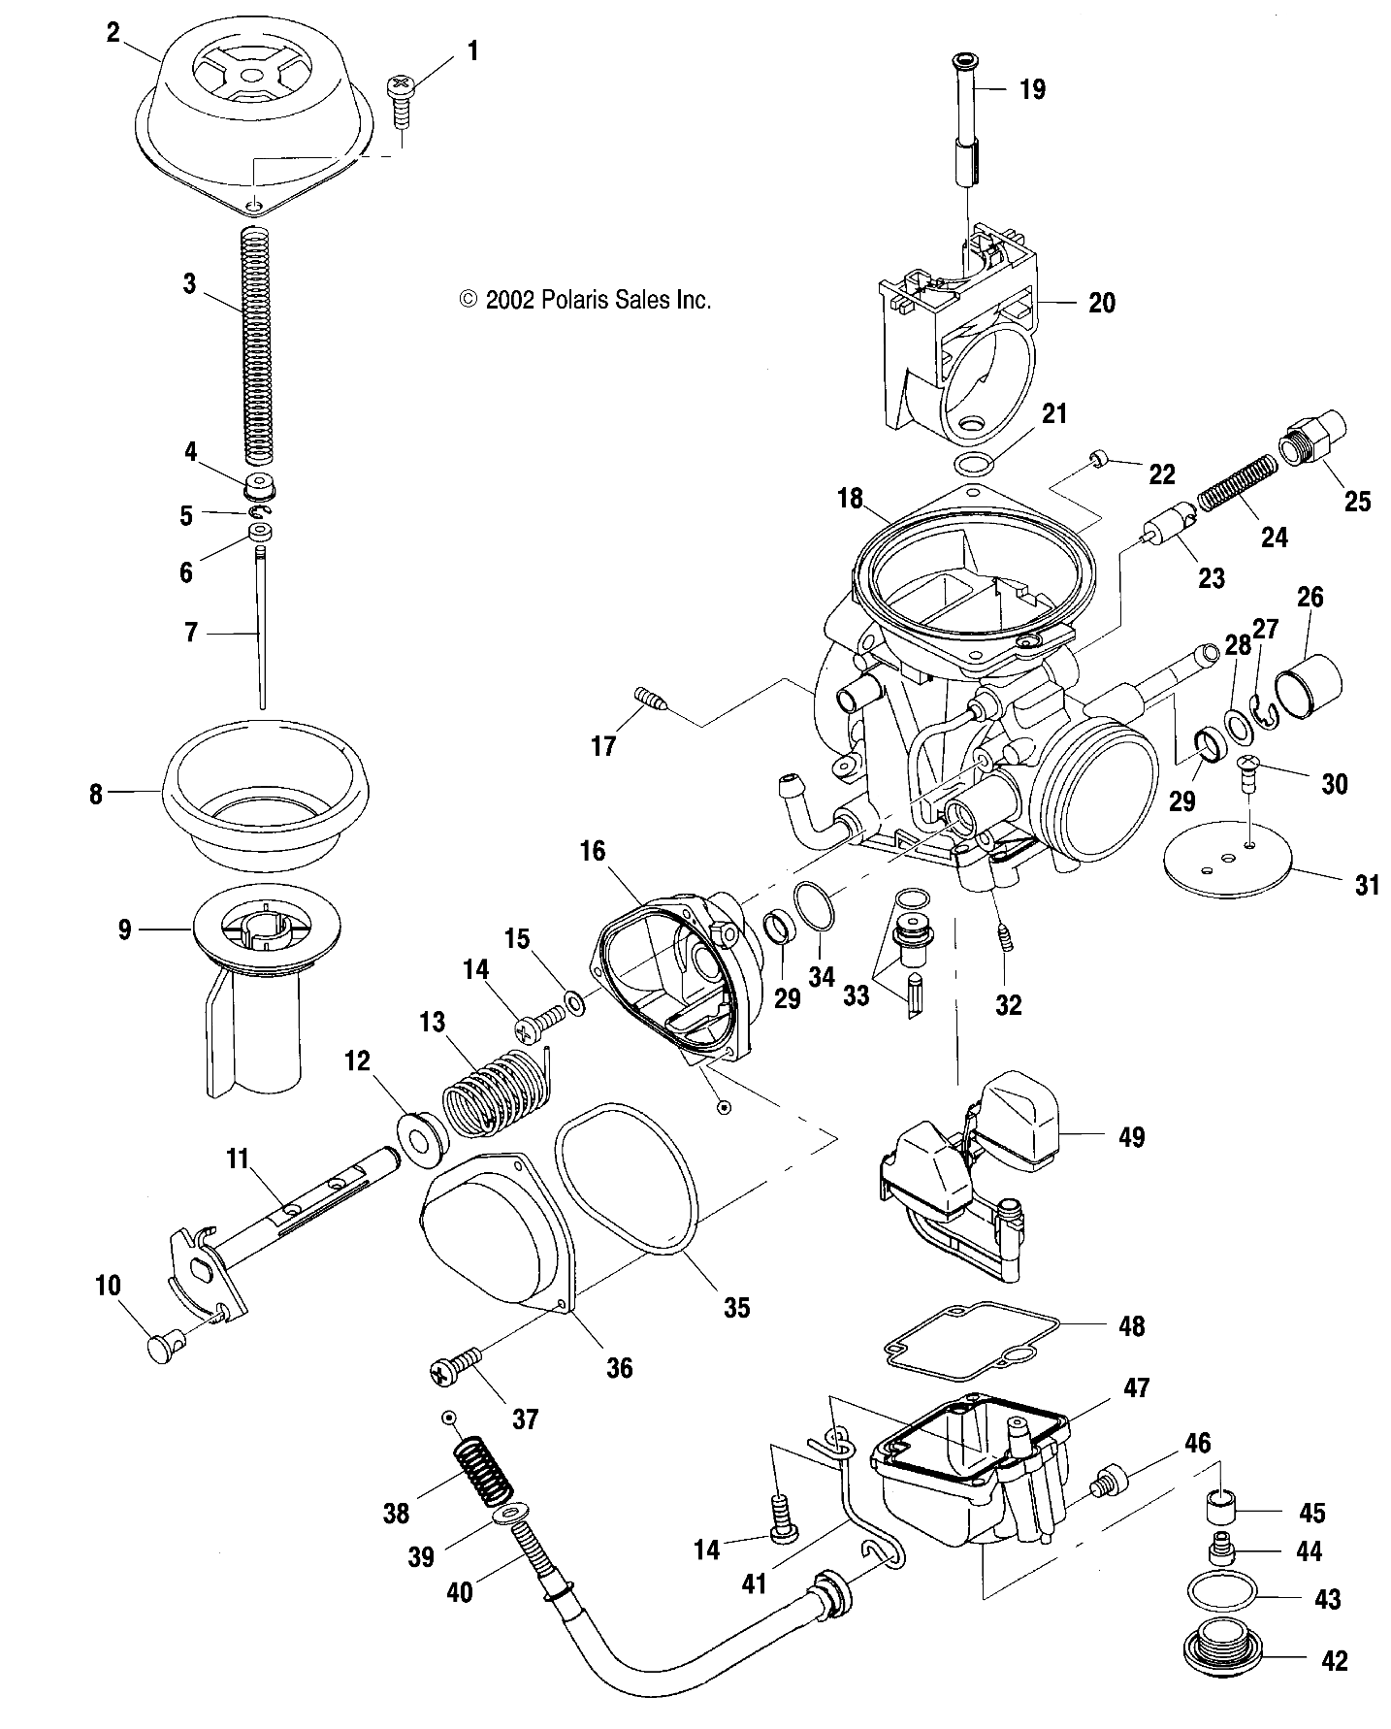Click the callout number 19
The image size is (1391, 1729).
pos(1032,90)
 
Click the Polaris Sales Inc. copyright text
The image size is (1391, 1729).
pos(585,300)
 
